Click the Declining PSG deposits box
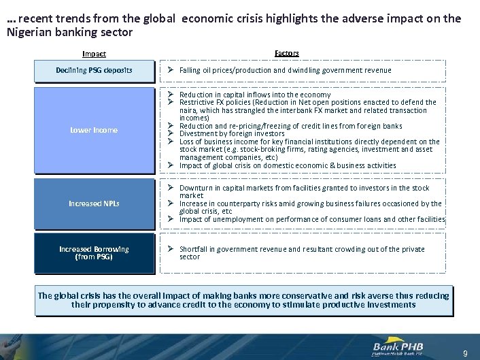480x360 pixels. (x=94, y=70)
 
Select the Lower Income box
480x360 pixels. (x=94, y=130)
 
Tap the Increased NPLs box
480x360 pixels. (x=94, y=203)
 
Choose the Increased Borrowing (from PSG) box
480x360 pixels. (x=94, y=252)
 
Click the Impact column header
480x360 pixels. (x=94, y=54)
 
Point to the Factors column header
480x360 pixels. (x=286, y=53)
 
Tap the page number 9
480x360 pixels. (x=465, y=353)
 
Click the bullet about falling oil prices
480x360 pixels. (x=285, y=70)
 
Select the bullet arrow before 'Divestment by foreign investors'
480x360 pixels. (x=172, y=134)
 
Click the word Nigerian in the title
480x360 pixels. (x=32, y=32)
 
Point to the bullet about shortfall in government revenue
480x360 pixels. (x=301, y=252)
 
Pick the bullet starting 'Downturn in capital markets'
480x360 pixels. (x=304, y=191)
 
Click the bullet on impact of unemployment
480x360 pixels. (x=311, y=219)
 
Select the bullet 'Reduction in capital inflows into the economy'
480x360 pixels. (x=255, y=95)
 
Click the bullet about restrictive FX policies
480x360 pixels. (x=307, y=110)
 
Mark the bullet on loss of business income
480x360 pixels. (x=309, y=150)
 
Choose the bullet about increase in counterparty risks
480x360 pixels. (x=310, y=207)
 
